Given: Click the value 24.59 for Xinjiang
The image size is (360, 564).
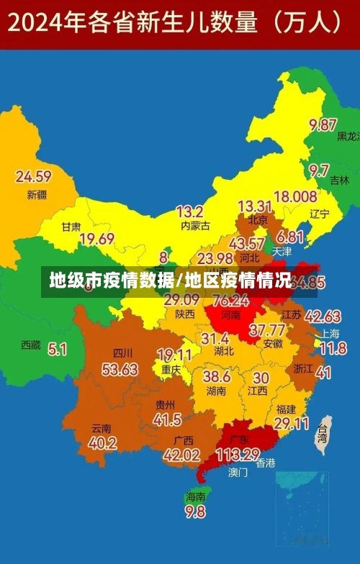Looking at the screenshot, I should click(x=33, y=176).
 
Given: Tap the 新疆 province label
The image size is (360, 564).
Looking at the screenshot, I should click(x=37, y=194).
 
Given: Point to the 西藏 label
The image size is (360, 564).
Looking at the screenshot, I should click(x=31, y=345).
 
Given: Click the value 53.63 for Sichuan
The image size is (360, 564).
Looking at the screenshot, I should click(x=120, y=370).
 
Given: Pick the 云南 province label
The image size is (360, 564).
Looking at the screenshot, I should click(x=102, y=427).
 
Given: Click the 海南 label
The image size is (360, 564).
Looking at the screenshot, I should click(x=195, y=496).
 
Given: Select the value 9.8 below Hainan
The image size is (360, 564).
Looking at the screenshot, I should click(x=195, y=511).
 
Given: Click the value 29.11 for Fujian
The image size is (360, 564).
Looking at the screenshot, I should click(x=292, y=424).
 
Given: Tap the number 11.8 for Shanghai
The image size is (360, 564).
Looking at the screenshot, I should click(x=333, y=349).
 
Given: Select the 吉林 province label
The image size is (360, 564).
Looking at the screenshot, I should click(x=339, y=181).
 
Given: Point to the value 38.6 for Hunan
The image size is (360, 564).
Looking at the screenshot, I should click(x=216, y=376).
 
